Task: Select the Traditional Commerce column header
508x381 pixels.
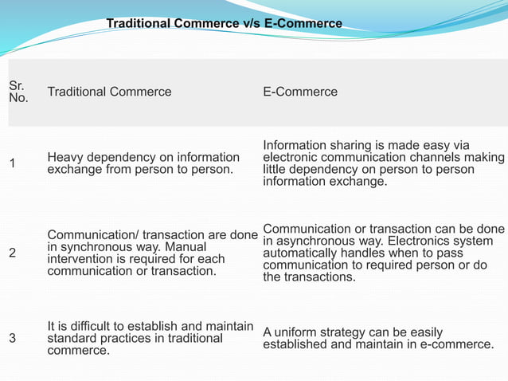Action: [x=109, y=92]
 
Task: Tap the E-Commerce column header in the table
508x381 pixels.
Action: [x=300, y=92]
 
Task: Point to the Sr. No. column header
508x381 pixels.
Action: [x=18, y=92]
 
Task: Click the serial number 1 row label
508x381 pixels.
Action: [x=12, y=163]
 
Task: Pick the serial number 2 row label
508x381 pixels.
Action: [x=12, y=253]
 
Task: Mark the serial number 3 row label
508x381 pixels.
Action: [x=12, y=338]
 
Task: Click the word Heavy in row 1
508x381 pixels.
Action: [x=64, y=157]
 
